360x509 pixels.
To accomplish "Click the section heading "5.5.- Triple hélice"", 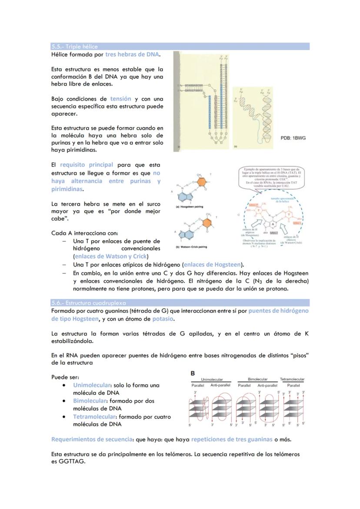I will point(74,47).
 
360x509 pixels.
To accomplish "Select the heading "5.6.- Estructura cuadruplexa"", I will point(88,303).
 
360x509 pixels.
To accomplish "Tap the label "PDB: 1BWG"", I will point(293,138).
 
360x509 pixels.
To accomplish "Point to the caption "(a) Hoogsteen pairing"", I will point(189,207).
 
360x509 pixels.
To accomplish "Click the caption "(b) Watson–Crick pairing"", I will point(191,247).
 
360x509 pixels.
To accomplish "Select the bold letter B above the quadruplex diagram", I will point(193,373).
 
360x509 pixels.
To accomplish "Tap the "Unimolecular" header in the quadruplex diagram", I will point(212,379).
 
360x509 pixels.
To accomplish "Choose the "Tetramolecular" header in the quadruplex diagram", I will point(292,379).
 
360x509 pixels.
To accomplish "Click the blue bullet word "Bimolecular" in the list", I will point(90,401).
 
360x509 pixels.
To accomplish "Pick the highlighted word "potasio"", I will point(163,319).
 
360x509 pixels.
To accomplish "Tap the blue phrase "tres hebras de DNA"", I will point(132,55).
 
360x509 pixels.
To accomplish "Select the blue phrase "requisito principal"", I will point(87,165).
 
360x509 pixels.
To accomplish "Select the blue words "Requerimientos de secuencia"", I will point(92,439).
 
